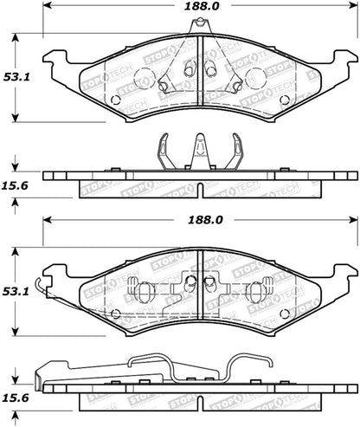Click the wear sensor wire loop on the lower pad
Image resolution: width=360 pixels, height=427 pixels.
click(x=54, y=304)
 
